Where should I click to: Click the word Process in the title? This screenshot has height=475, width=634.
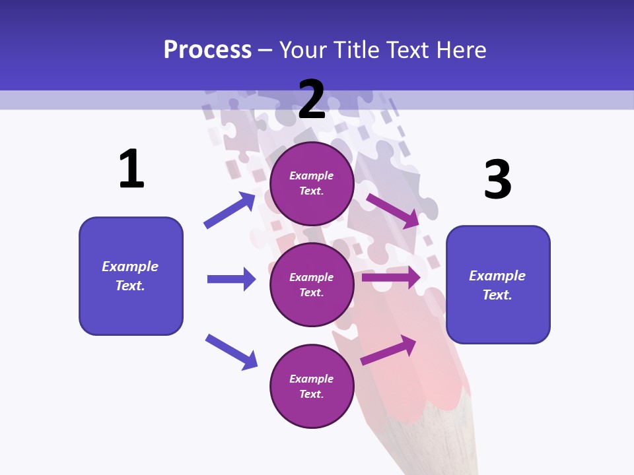[207, 50]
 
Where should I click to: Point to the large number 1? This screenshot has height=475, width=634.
[131, 169]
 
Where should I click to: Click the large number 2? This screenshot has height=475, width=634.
[312, 100]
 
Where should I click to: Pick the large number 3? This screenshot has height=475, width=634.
[497, 179]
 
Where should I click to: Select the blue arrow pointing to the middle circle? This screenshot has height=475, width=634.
[231, 279]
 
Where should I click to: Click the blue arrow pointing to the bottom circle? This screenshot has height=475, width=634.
[231, 352]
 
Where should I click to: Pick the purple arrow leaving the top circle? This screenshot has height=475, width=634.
[393, 210]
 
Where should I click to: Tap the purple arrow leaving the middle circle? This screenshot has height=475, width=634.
[391, 278]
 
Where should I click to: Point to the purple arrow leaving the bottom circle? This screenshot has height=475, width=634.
[388, 350]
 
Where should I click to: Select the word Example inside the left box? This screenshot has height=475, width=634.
[130, 267]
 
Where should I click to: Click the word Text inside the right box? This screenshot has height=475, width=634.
[497, 295]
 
